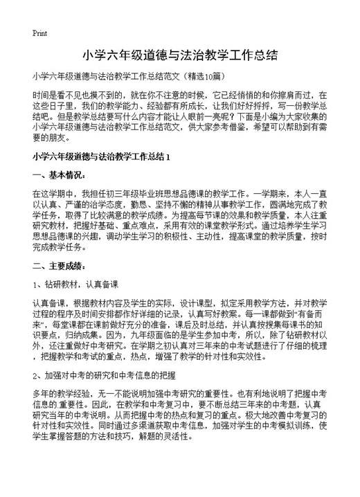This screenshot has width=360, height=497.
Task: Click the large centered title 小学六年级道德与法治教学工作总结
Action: [x=180, y=55]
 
